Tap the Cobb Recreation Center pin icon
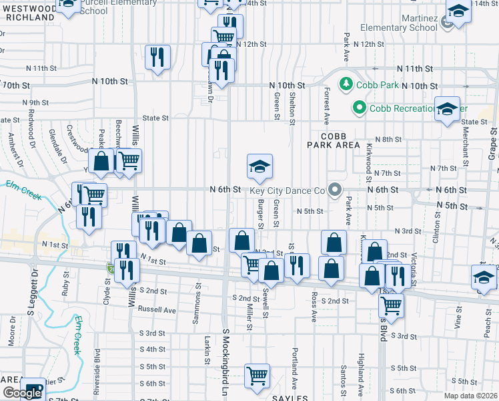[360, 107]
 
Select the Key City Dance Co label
[288, 190]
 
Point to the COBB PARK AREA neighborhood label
[334, 139]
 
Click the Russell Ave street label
[156, 310]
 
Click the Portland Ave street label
[294, 372]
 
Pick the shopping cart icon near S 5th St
[257, 376]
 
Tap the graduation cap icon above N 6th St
[260, 166]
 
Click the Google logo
[21, 394]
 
